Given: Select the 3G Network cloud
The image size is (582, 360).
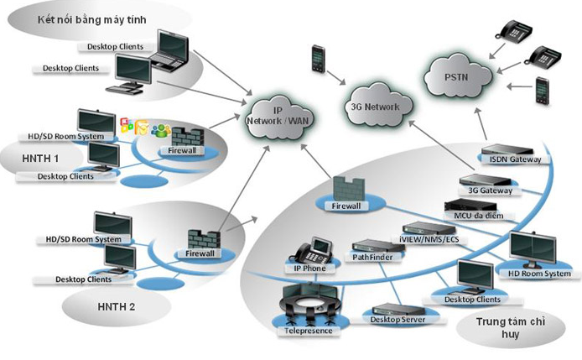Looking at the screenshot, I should point(380,104).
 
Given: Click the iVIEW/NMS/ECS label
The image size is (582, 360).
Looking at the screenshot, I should point(430,239).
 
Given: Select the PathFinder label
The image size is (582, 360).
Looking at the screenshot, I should point(372,258).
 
